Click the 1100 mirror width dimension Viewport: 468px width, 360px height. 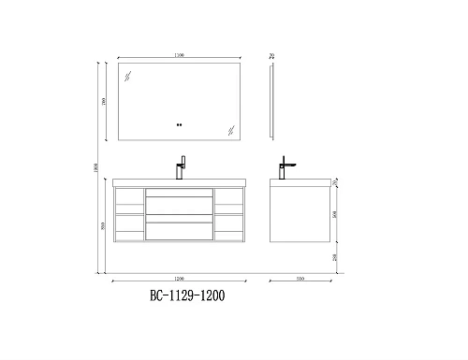point(179,56)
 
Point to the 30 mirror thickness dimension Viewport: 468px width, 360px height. point(271,56)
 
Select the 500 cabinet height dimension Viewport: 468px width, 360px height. point(337,213)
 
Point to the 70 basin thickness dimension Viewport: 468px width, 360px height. point(338,180)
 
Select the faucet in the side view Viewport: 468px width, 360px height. point(285,167)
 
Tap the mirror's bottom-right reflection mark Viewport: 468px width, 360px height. point(227,126)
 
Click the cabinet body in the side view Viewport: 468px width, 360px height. point(300,213)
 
